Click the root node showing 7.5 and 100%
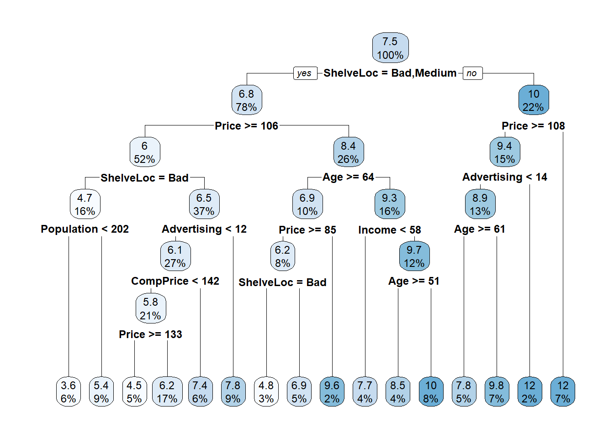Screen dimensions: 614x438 coord(390,47)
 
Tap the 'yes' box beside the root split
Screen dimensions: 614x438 coord(305,73)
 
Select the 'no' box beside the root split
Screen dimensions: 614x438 coord(472,73)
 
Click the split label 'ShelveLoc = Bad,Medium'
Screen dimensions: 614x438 coord(390,73)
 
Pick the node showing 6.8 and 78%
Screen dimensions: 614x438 coord(247,100)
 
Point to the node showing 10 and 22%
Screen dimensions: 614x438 coord(534,100)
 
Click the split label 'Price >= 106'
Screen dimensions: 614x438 coord(246,126)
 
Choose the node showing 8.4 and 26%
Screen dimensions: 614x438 coord(349,152)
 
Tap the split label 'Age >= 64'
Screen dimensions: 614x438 coord(348,177)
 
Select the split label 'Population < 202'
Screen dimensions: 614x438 coord(85,229)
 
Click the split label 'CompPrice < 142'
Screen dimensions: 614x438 coord(175,281)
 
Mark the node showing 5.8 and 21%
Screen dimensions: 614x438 coord(151,308)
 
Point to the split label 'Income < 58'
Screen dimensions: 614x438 coord(390,230)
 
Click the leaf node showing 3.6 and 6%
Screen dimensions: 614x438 coord(68,392)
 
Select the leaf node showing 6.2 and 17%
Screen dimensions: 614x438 coord(167,392)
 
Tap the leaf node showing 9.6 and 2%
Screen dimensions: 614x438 coord(332,392)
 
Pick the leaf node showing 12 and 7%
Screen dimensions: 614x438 coord(563,392)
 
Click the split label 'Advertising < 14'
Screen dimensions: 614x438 coord(505,177)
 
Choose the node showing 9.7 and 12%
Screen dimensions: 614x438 coord(414,256)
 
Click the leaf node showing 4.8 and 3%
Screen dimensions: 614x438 coord(266,392)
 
